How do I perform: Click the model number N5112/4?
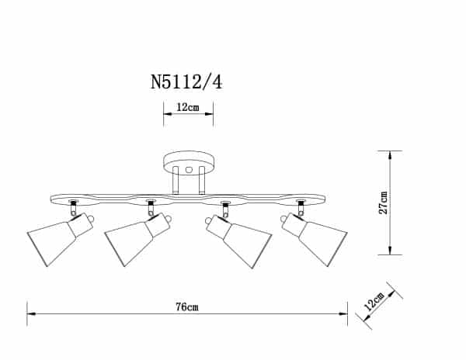click(x=187, y=81)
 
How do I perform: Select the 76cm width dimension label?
click(x=187, y=306)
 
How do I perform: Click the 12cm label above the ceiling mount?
click(x=187, y=108)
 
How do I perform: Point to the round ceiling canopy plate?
click(x=187, y=163)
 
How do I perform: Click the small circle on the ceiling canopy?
click(x=187, y=168)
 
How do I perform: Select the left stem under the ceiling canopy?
click(x=176, y=182)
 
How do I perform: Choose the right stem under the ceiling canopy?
click(x=200, y=182)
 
